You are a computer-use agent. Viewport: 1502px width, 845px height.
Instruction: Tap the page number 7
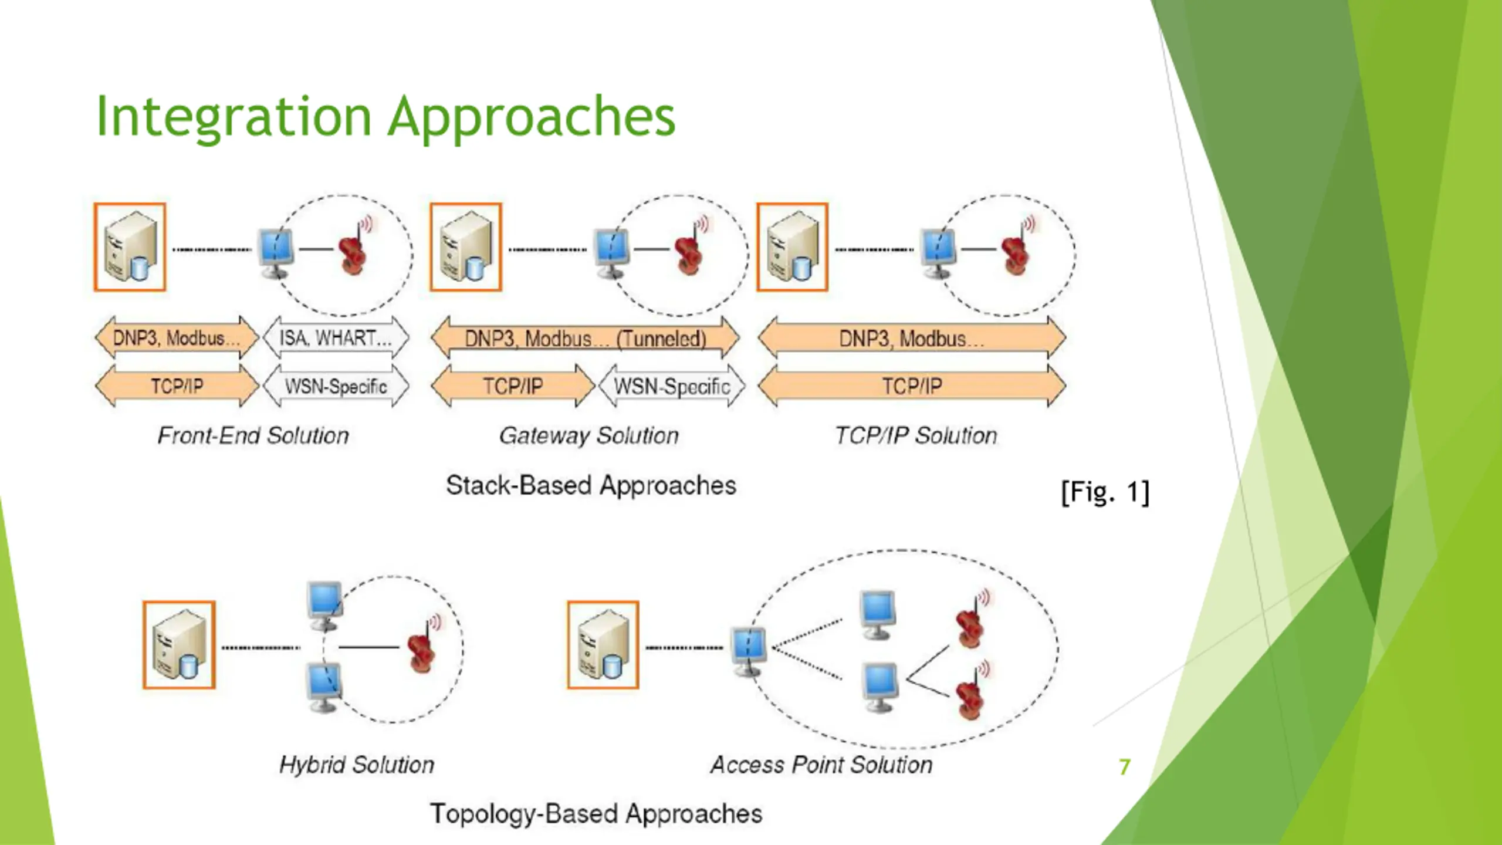tap(1124, 767)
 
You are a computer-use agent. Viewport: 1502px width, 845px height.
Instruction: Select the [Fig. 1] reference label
tap(1105, 492)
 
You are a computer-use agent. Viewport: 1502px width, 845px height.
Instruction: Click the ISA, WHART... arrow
tap(336, 338)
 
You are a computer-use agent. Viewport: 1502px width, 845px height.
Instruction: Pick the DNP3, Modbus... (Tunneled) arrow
tap(585, 339)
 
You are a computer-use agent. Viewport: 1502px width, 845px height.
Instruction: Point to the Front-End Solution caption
tap(253, 435)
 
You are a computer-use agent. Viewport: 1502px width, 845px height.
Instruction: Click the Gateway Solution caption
tap(588, 435)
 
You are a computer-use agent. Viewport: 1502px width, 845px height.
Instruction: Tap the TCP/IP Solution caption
tap(915, 435)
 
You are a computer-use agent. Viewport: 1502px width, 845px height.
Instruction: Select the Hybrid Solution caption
tap(357, 765)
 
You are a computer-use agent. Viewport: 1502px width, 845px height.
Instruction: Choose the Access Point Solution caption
tap(821, 765)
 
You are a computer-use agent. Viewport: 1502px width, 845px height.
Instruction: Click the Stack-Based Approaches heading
tap(590, 485)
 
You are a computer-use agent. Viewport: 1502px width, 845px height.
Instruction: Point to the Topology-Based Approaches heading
tap(596, 814)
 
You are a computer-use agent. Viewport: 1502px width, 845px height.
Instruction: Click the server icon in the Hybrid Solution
tap(179, 645)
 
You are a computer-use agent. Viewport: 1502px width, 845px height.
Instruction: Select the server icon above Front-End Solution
tap(130, 247)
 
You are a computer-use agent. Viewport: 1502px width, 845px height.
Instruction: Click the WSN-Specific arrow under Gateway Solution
tap(671, 386)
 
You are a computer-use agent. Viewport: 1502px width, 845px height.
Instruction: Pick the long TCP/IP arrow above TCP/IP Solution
tap(912, 386)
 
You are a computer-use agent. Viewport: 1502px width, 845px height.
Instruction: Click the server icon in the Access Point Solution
tap(603, 645)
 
